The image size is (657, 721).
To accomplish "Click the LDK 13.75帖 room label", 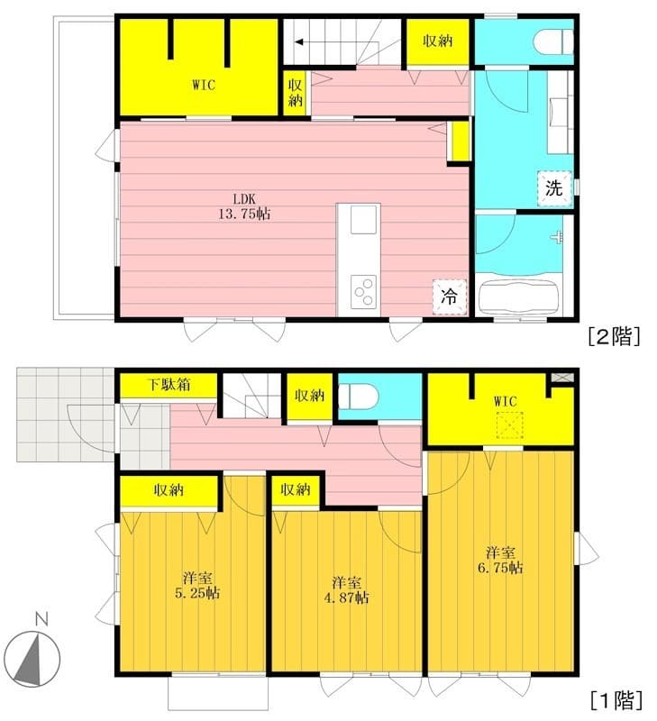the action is [x=244, y=206].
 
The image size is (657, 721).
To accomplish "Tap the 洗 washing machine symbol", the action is [x=554, y=188].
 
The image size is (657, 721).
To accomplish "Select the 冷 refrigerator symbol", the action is [x=449, y=297].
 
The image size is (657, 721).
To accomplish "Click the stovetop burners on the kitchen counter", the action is [x=363, y=292].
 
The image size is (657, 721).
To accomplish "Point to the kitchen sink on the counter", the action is [x=363, y=220].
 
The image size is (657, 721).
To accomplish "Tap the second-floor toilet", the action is [x=553, y=41].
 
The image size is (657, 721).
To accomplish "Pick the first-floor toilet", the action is [x=359, y=396].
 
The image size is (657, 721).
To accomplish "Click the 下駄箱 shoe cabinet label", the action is [x=169, y=385].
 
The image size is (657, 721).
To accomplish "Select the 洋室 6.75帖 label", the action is [x=500, y=560].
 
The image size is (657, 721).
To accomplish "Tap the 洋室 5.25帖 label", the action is [x=196, y=585].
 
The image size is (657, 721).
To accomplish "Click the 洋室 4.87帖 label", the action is [x=346, y=590].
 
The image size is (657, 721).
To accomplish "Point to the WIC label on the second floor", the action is [x=204, y=85].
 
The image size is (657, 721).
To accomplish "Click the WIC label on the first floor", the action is [x=506, y=401].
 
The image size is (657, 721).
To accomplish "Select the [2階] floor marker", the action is [x=615, y=336].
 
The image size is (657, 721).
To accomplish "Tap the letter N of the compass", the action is [x=41, y=619].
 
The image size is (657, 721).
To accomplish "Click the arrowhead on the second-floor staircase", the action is [x=299, y=42].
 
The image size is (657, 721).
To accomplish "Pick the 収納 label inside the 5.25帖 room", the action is [x=169, y=490].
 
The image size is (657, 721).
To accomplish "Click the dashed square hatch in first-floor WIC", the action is [x=509, y=424].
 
